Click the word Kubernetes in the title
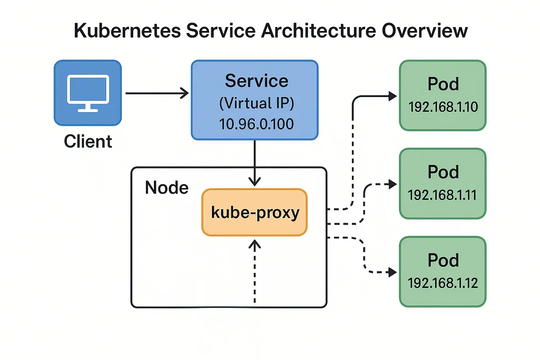tap(127, 31)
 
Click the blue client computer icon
tap(88, 93)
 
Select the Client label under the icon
tap(88, 142)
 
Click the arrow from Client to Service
tap(157, 93)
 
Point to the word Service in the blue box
tap(256, 81)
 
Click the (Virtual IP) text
tap(256, 103)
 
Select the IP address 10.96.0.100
tap(256, 124)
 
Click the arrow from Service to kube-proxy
tap(254, 163)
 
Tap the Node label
tap(167, 188)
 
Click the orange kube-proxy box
tap(254, 212)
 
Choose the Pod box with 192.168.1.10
tap(443, 95)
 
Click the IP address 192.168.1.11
tap(442, 195)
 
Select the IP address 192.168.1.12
tap(443, 283)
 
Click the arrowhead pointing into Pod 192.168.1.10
tap(392, 96)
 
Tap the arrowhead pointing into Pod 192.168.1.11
tap(392, 184)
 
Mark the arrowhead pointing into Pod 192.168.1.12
tap(392, 272)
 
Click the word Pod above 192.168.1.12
tap(443, 261)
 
